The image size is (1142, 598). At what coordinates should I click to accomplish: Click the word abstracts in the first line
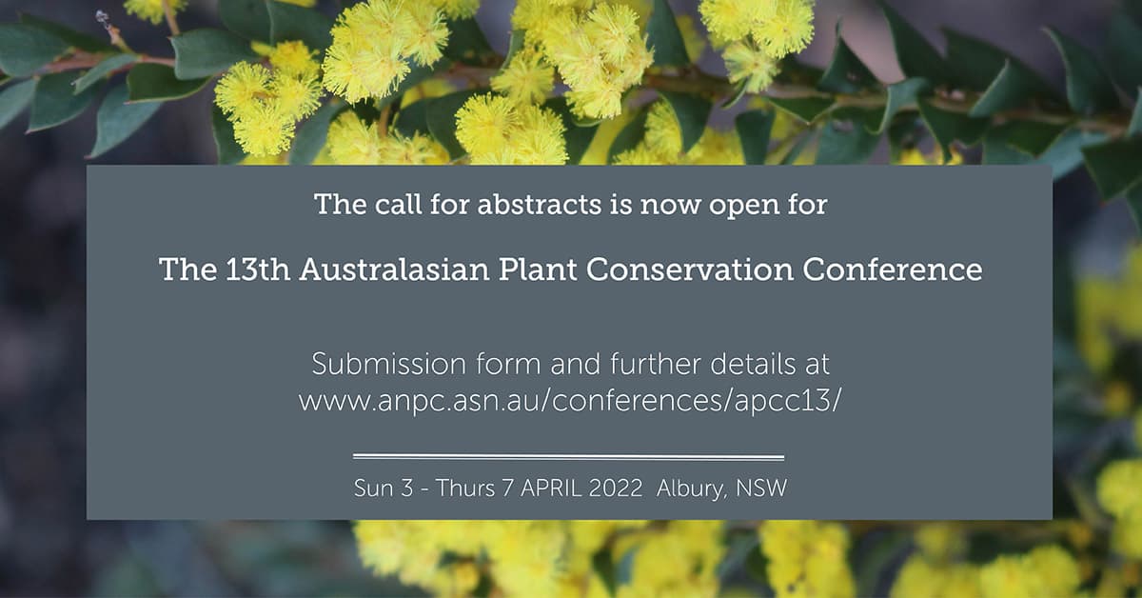[x=540, y=205]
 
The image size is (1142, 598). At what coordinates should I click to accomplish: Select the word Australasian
[x=395, y=269]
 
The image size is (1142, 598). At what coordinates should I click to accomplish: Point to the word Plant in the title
[x=538, y=269]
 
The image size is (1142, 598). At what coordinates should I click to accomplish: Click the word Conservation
[x=690, y=269]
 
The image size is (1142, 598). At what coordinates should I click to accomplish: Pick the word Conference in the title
[x=893, y=269]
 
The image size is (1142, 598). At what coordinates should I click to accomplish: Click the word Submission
[x=389, y=364]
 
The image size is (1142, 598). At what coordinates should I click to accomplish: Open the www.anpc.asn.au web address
[x=569, y=402]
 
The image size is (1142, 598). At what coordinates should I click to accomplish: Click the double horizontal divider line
[x=568, y=457]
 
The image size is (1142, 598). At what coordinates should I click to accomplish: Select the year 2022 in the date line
[x=616, y=488]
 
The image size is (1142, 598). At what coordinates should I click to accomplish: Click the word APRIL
[x=551, y=488]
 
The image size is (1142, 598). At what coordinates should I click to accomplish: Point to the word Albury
[x=690, y=489]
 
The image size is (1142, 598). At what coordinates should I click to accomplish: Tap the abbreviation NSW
[x=761, y=488]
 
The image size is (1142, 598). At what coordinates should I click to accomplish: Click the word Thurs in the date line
[x=465, y=488]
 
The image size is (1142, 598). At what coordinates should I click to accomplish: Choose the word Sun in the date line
[x=374, y=488]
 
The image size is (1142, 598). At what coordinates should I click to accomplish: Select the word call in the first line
[x=398, y=205]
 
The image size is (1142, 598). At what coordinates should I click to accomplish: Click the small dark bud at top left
[x=103, y=19]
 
